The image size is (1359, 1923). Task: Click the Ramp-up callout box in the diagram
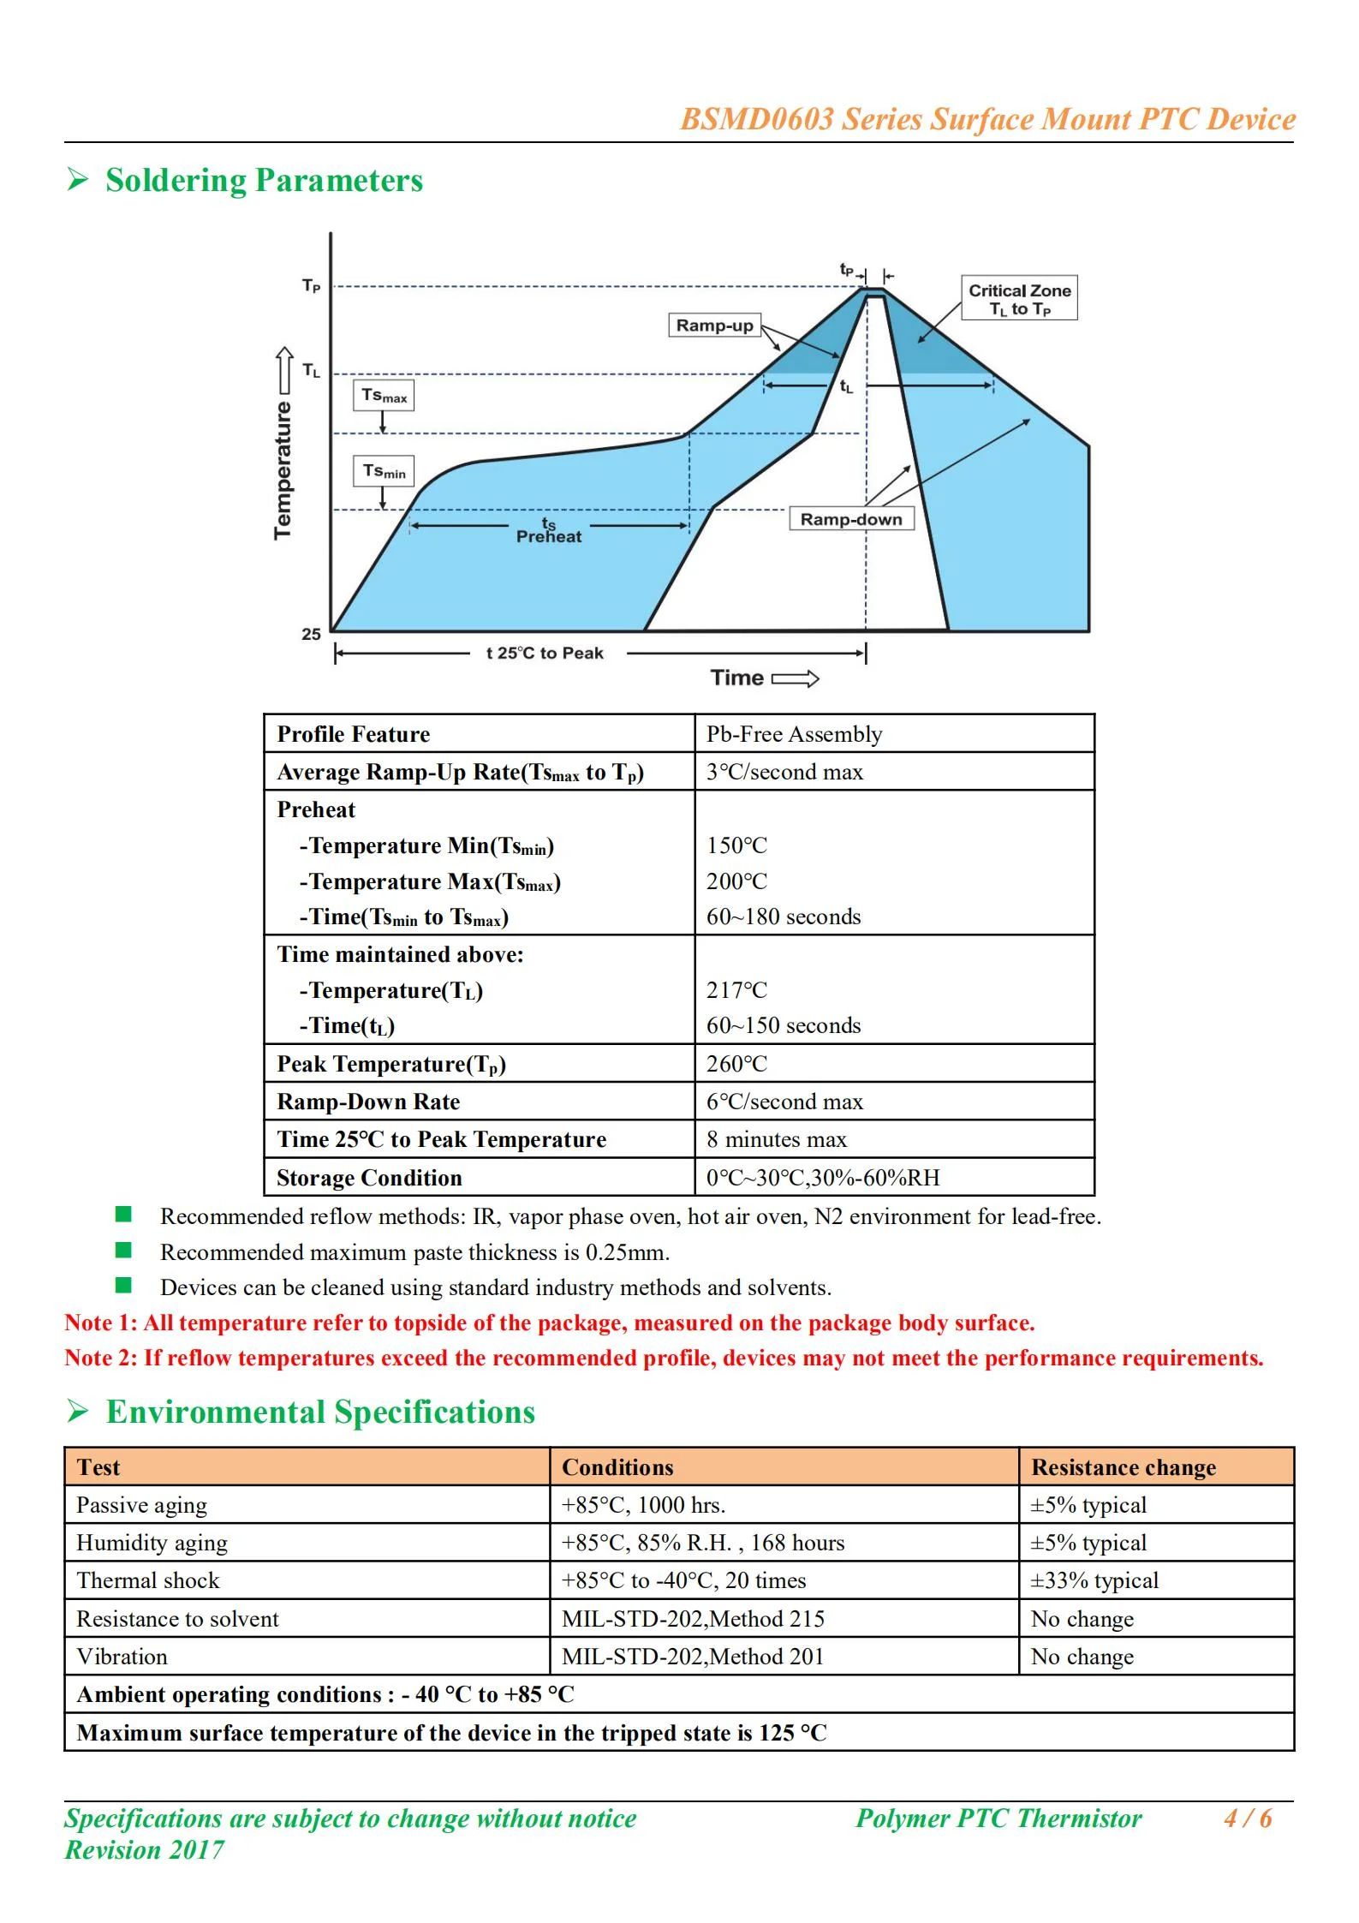point(714,325)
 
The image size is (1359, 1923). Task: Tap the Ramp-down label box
point(850,519)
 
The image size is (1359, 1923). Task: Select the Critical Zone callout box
point(1019,299)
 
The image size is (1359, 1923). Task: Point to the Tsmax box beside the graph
point(384,396)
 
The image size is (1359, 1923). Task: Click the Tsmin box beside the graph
point(384,471)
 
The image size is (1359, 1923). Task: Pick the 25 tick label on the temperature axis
point(311,635)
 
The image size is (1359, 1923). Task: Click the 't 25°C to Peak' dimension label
point(545,654)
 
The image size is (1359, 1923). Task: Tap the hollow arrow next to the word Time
point(796,679)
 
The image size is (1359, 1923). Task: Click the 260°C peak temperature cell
point(737,1064)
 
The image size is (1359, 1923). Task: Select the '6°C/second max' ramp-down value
point(784,1102)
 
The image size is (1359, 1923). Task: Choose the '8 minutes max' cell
point(776,1139)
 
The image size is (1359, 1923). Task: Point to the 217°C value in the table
point(737,990)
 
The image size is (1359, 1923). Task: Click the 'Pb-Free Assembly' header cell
point(794,734)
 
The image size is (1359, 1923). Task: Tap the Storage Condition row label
point(369,1178)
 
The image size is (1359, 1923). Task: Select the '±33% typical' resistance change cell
point(1094,1580)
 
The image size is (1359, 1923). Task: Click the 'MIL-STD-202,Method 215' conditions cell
point(693,1619)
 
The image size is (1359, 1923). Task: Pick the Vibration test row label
point(122,1657)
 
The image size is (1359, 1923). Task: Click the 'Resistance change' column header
point(1124,1467)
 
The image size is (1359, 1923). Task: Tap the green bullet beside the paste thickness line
point(124,1251)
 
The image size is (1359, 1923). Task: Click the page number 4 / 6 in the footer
point(1248,1818)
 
